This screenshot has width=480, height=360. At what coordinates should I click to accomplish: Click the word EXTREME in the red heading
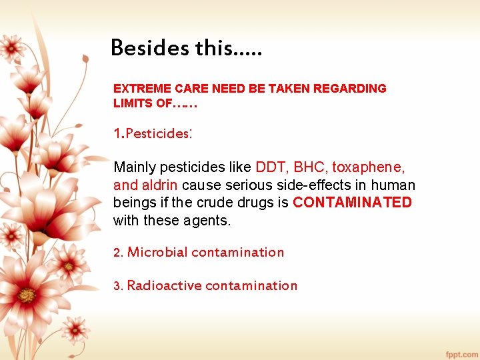pos(142,89)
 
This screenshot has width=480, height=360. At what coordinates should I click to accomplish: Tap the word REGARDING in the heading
pos(358,89)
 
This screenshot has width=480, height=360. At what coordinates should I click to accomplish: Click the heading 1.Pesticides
pos(153,133)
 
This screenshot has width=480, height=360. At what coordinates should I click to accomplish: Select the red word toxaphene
pos(369,167)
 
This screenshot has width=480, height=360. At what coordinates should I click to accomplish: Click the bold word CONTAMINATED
pos(352,203)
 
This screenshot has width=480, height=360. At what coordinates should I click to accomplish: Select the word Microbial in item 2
pos(157,252)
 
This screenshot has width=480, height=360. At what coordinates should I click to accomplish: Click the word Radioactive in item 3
pos(164,285)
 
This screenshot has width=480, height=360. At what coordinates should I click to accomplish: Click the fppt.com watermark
pos(461,353)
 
